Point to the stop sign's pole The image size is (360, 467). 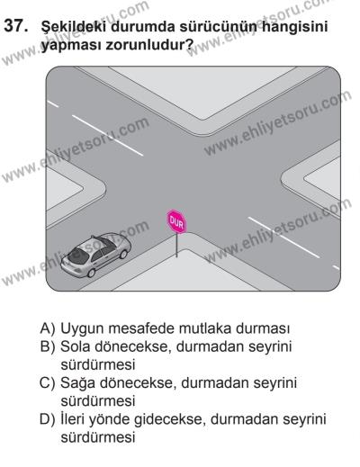[175, 245]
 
